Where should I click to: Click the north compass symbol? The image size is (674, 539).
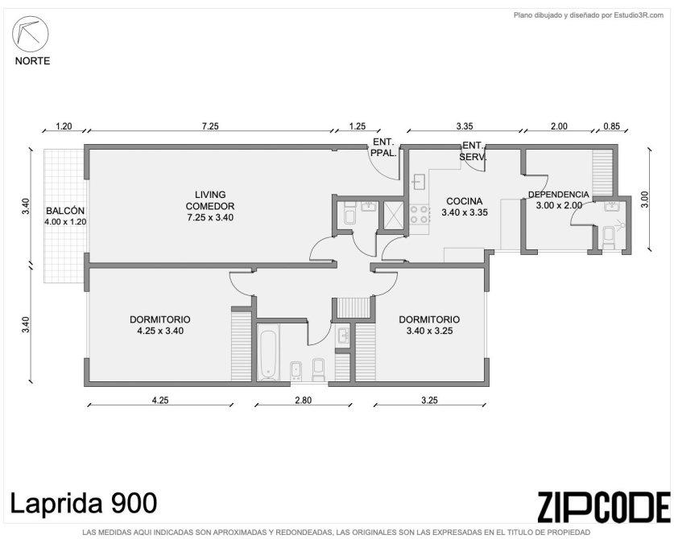coord(30,34)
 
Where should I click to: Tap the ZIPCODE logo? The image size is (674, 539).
coord(604,507)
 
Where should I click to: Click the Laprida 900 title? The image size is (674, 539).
coord(84,504)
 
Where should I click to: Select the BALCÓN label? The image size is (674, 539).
coord(65,211)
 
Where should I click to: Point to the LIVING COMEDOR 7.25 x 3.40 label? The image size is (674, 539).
coord(210,206)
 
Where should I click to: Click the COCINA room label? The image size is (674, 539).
coord(465,201)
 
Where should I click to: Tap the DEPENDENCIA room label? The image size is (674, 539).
coord(558,195)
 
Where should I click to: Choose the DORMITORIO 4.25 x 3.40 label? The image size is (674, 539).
coord(160,325)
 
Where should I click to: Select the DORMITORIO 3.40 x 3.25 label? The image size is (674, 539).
coord(429,325)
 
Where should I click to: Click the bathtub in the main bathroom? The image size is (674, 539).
coord(269,355)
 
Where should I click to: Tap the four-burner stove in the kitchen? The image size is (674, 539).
coord(420,215)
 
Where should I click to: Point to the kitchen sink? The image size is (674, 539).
coord(419,182)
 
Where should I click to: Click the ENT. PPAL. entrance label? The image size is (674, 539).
coord(383,147)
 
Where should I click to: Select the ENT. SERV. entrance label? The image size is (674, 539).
coord(473,151)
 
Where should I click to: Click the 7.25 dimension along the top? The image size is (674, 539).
coord(210,126)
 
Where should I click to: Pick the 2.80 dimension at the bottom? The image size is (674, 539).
coord(303,401)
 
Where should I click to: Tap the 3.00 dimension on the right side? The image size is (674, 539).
coord(644,200)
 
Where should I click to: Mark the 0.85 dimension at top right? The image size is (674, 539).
coord(612,126)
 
